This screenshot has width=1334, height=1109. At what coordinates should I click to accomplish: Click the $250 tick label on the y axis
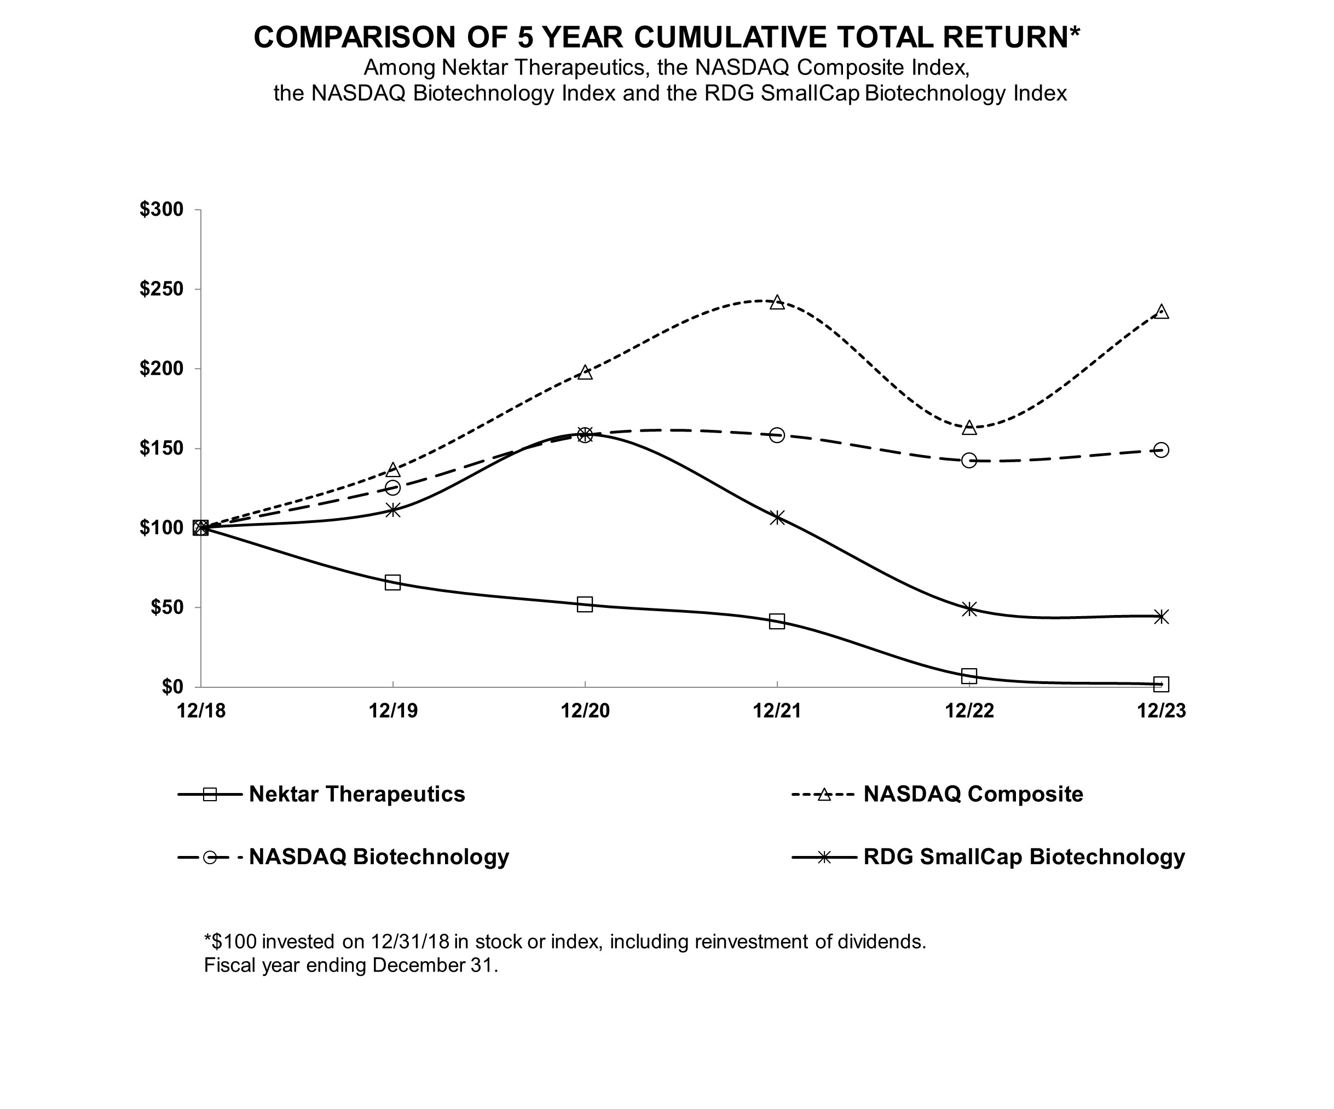coord(161,289)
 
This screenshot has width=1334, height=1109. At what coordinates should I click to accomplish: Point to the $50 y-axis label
coord(166,607)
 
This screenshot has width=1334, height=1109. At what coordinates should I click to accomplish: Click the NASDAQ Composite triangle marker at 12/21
coord(777,302)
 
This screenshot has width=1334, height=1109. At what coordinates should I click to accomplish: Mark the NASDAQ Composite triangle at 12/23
coord(1160,312)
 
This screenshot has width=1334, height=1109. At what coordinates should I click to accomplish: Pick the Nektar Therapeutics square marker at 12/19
coord(392,582)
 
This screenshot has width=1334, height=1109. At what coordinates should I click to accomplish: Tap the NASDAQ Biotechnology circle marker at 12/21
coord(777,435)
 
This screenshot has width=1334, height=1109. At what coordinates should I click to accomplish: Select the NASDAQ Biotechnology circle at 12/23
coord(1160,451)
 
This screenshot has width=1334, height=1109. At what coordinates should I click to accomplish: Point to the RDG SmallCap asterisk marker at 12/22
coord(969,609)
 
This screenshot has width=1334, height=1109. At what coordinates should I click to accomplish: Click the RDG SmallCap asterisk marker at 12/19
coord(393,510)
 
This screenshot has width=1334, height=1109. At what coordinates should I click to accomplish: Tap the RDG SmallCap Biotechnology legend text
coord(1024,857)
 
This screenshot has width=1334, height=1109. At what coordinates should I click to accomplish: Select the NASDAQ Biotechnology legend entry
coord(379,857)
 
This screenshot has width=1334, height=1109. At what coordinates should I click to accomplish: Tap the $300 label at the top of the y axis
coord(161,209)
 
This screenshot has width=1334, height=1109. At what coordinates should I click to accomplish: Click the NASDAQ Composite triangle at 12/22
coord(969,428)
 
